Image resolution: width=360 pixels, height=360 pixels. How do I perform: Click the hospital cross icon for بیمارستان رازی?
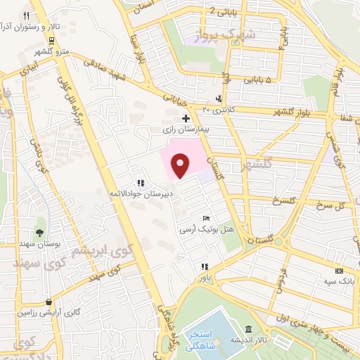tap(186, 118)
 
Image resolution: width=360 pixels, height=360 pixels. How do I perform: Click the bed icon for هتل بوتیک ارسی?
tap(205, 219)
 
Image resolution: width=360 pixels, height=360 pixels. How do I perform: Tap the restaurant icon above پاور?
tap(205, 266)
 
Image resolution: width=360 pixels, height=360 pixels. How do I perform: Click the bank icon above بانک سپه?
tap(340, 271)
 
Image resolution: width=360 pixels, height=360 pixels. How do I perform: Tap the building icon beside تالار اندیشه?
tap(249, 330)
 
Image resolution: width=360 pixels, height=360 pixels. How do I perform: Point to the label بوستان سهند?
tap(39, 243)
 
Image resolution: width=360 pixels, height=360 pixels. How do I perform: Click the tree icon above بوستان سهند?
tap(39, 232)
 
